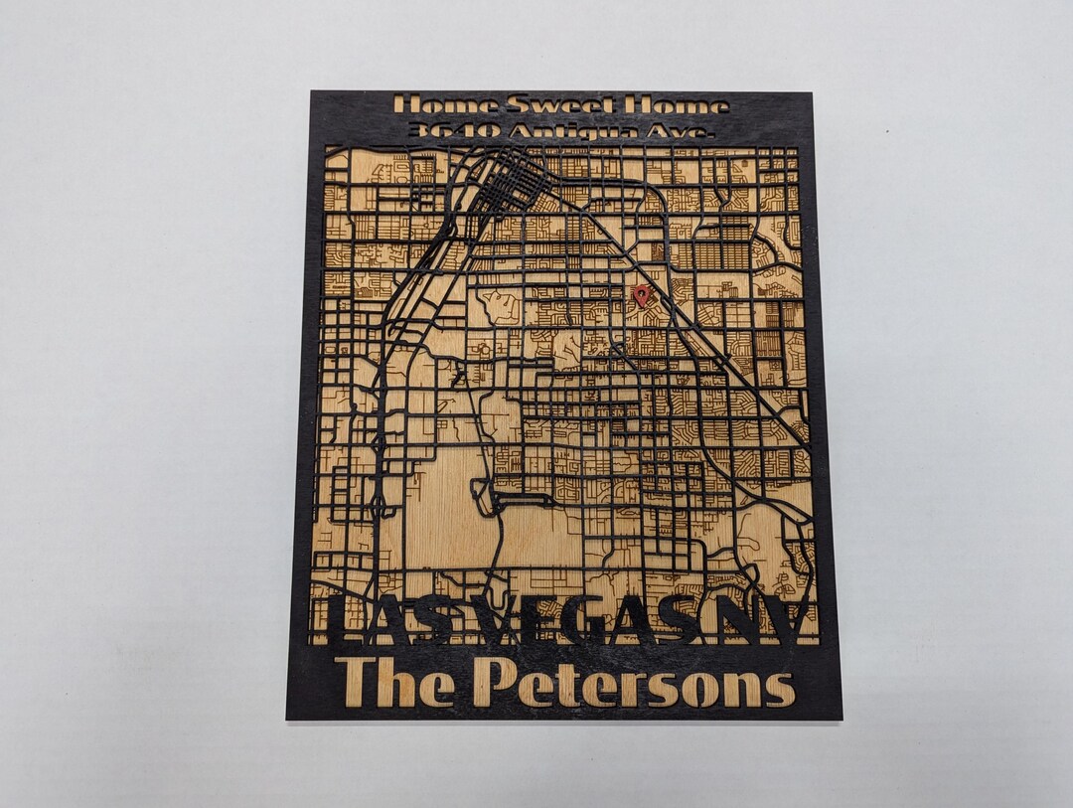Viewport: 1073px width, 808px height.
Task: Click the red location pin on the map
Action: click(642, 294)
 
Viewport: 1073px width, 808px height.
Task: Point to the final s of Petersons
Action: click(781, 689)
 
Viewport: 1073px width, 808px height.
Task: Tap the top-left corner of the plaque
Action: click(312, 92)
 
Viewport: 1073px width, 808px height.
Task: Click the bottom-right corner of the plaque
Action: click(841, 718)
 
